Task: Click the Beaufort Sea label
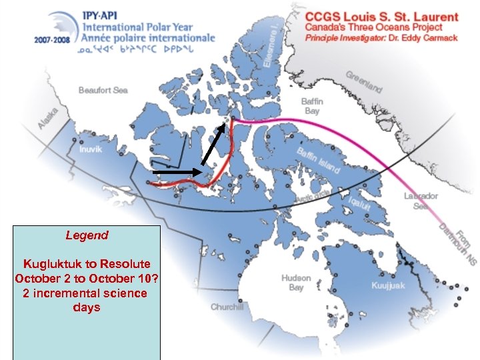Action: (x=103, y=90)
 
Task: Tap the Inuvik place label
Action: (x=91, y=149)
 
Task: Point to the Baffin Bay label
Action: (x=311, y=106)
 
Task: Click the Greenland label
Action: (x=364, y=82)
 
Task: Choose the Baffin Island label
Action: (x=318, y=160)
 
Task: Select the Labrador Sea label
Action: (x=421, y=201)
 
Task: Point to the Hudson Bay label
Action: (x=296, y=282)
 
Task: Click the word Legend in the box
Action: (x=87, y=235)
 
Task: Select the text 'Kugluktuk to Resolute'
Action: (x=87, y=264)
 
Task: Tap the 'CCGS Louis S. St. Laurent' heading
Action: (x=382, y=17)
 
